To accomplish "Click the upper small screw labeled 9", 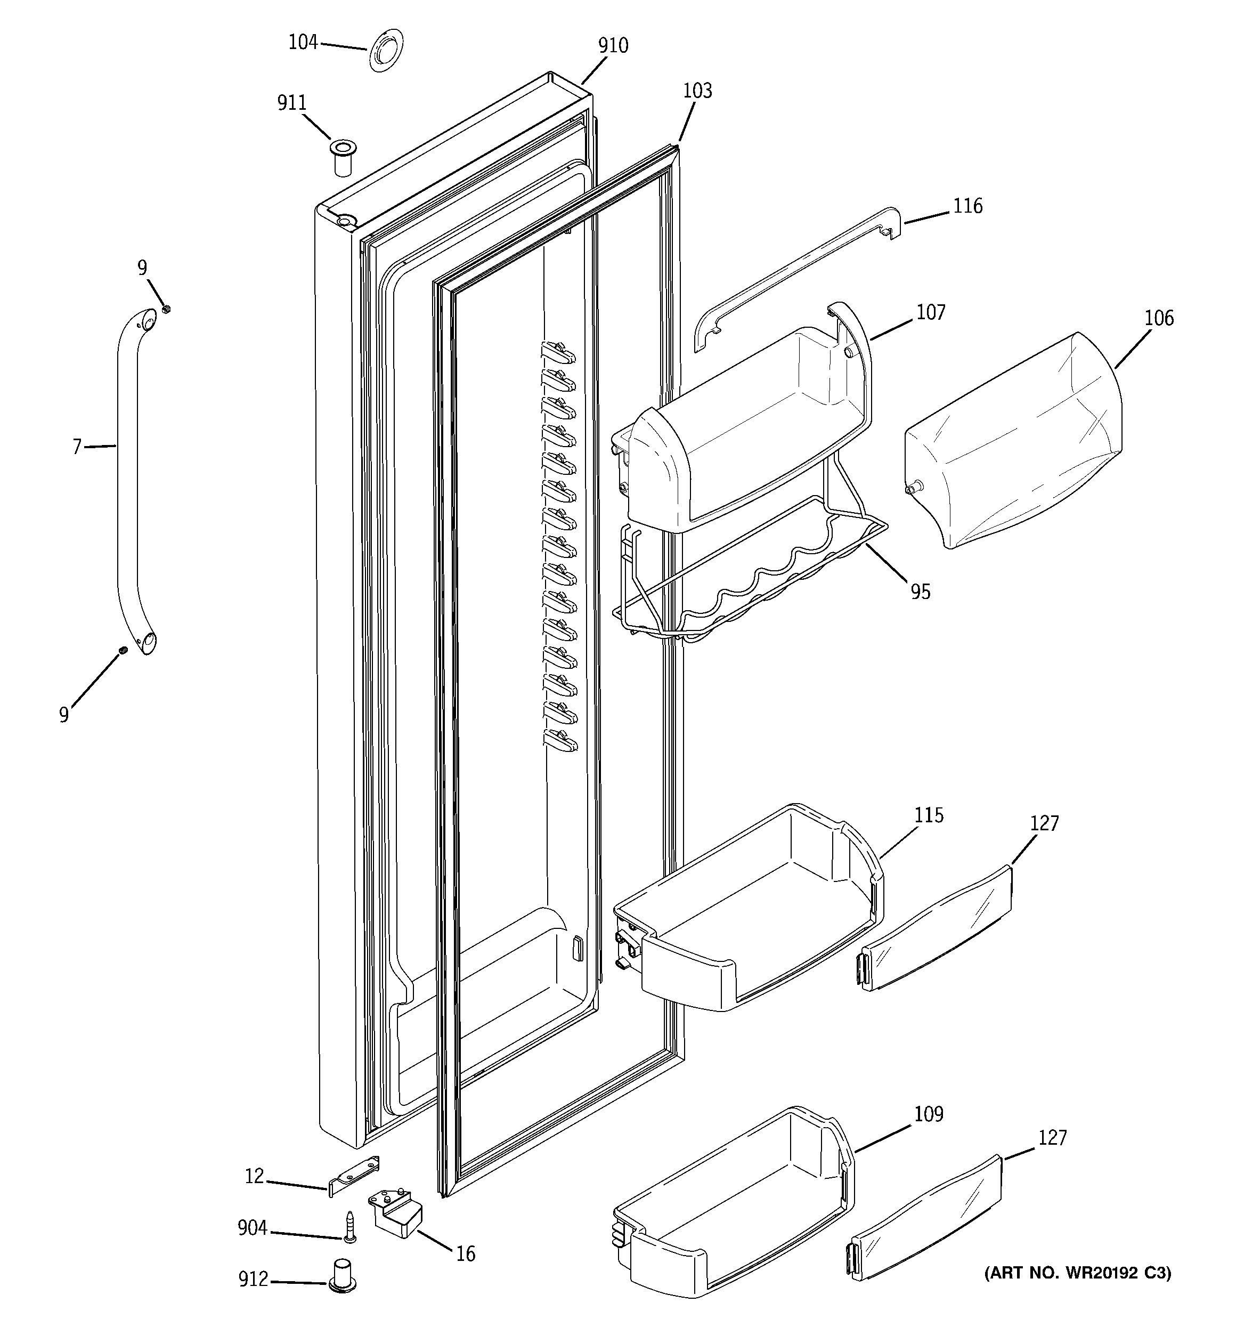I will (167, 309).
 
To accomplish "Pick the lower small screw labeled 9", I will (123, 650).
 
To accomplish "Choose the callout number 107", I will (930, 312).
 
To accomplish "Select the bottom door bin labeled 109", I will (730, 1214).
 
